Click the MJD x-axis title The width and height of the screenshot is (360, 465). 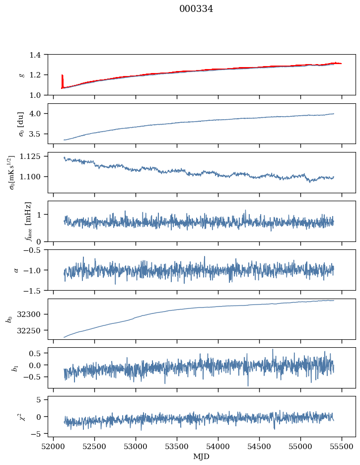[202, 457]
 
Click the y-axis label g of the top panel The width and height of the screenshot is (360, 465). [21, 75]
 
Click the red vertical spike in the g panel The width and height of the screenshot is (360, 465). [62, 81]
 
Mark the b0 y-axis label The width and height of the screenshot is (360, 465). [9, 319]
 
